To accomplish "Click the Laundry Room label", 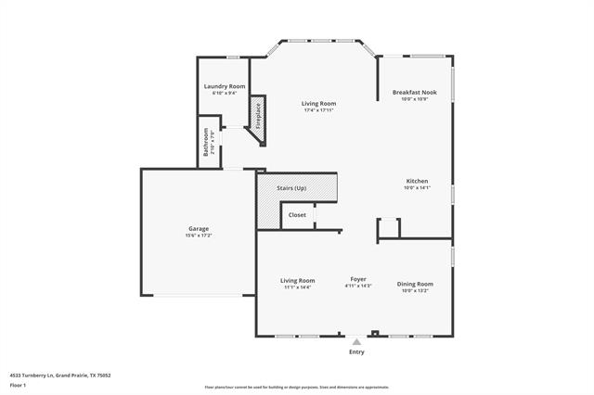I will pyautogui.click(x=224, y=86).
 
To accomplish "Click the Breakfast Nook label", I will pyautogui.click(x=415, y=92).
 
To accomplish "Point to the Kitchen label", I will pyautogui.click(x=417, y=181).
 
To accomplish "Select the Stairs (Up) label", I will pyautogui.click(x=291, y=188).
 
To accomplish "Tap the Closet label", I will pyautogui.click(x=297, y=214).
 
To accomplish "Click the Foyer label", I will pyautogui.click(x=358, y=279).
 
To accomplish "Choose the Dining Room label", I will pyautogui.click(x=415, y=284).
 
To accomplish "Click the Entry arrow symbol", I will pyautogui.click(x=356, y=341).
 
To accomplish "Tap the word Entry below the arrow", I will pyautogui.click(x=356, y=352).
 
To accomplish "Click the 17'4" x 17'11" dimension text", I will pyautogui.click(x=318, y=110).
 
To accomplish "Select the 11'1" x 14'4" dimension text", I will pyautogui.click(x=298, y=287).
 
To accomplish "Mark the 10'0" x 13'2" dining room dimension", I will pyautogui.click(x=415, y=290).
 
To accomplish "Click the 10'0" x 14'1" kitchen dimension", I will pyautogui.click(x=417, y=188).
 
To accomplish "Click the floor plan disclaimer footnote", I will pyautogui.click(x=297, y=388).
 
